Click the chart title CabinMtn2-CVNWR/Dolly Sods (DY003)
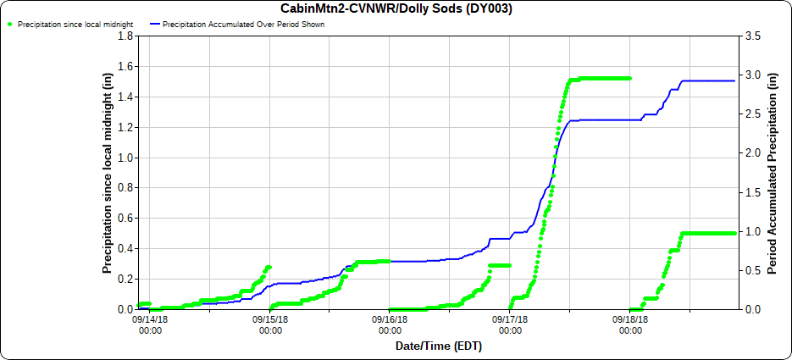point(396,8)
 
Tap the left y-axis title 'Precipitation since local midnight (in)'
point(108,173)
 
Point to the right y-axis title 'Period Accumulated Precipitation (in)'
point(773,173)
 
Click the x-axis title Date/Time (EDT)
point(438,346)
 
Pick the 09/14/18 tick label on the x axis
point(150,324)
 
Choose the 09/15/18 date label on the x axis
point(270,324)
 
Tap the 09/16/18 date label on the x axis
point(390,324)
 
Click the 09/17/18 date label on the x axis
point(510,324)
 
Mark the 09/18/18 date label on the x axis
point(630,324)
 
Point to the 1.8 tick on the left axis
point(126,36)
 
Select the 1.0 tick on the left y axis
point(126,158)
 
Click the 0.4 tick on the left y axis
point(126,249)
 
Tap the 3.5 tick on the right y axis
point(753,36)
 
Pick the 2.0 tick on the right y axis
point(753,153)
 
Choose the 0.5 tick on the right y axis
point(753,271)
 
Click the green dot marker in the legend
point(9,25)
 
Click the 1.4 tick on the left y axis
point(126,97)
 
